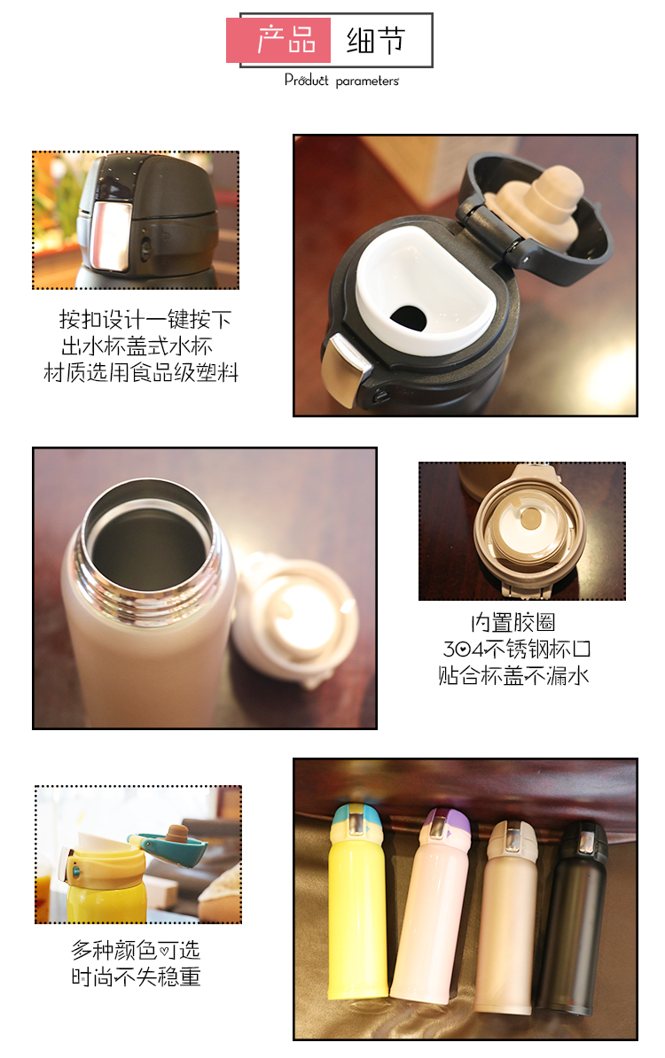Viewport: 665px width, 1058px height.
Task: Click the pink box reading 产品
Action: (278, 40)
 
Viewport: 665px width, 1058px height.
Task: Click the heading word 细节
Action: (375, 41)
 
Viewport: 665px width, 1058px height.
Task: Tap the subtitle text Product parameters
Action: (341, 81)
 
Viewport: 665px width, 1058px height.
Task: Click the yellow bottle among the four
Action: (356, 901)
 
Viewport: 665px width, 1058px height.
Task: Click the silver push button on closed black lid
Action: (111, 237)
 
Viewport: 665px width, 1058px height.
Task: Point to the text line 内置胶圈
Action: (513, 622)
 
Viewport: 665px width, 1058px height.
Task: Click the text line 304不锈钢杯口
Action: (516, 650)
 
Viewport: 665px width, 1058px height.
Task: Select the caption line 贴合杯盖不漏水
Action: (513, 675)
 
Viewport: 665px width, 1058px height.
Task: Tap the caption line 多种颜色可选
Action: (136, 950)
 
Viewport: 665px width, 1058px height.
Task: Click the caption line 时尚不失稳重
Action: (136, 976)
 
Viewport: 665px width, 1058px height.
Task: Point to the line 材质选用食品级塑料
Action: (141, 372)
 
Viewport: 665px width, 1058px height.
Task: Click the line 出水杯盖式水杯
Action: (137, 346)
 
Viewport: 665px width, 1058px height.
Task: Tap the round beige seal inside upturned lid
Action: (530, 518)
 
